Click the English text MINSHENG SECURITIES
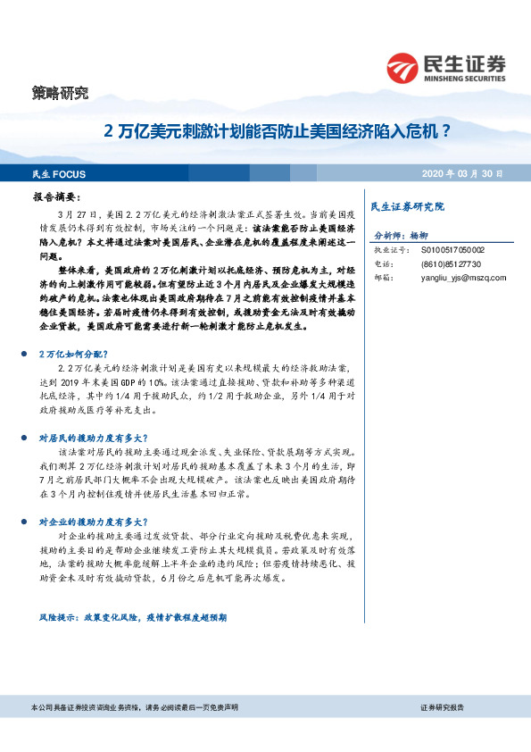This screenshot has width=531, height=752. (468, 78)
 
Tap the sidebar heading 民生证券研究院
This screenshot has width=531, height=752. (406, 206)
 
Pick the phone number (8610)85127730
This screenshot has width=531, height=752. (451, 264)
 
